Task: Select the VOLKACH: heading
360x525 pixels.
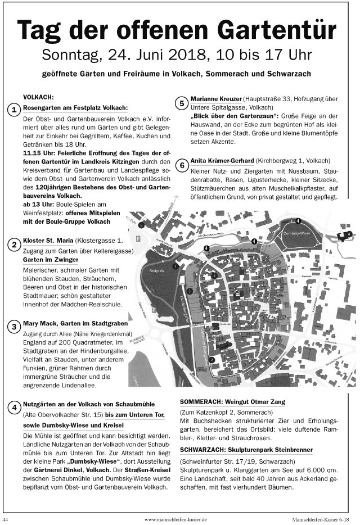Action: coord(38,97)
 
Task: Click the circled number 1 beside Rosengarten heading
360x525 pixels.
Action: coord(14,110)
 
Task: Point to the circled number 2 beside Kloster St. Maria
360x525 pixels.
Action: coord(14,245)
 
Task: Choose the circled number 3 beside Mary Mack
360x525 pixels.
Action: coord(14,327)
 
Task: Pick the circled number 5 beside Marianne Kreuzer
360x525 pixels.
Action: coord(182,103)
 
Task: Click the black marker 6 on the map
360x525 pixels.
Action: coord(142,225)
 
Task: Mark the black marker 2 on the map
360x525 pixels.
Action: coord(211,359)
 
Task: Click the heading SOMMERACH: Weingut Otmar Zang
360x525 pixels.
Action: coord(232,402)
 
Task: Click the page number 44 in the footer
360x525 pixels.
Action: coord(6,519)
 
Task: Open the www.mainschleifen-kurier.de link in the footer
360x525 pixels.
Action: coord(176,519)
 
